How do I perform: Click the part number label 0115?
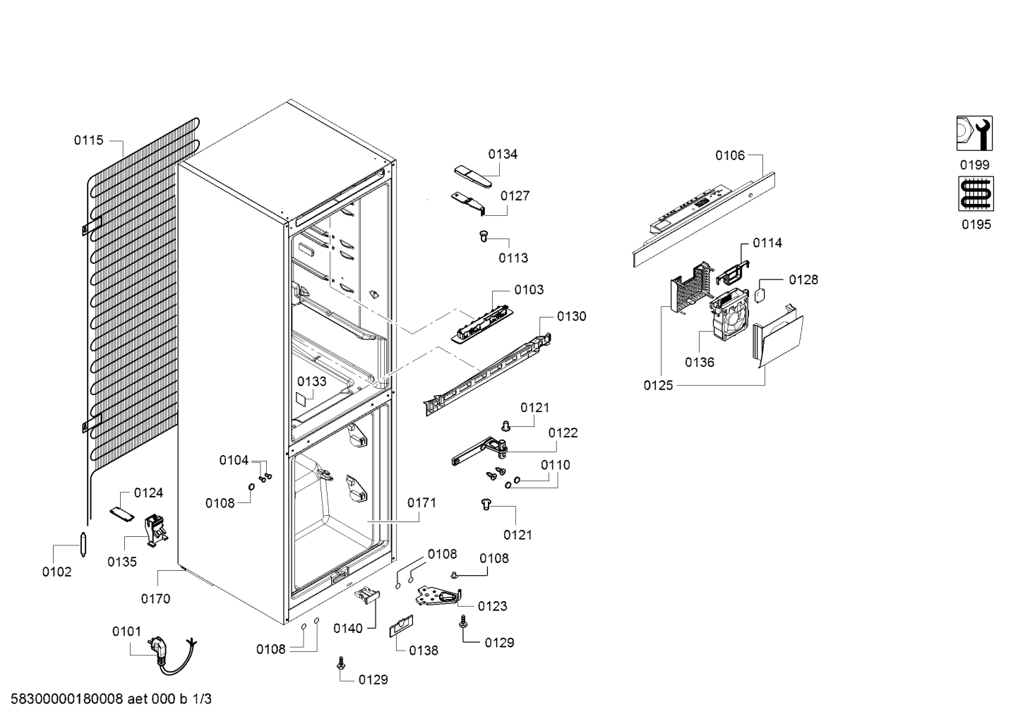(89, 140)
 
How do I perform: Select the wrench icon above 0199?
(974, 133)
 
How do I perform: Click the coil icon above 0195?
(976, 194)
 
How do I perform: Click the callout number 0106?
(730, 156)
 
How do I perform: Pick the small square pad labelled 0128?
(760, 295)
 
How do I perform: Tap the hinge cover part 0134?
(473, 176)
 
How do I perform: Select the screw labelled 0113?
(484, 236)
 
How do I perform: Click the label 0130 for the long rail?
(571, 317)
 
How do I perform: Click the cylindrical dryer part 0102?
(83, 544)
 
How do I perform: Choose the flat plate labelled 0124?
(122, 513)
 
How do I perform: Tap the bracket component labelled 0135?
(155, 531)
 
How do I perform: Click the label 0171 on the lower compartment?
(421, 503)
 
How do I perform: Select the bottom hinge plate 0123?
(438, 596)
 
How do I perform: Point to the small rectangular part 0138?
(401, 627)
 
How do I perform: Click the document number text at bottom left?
(111, 699)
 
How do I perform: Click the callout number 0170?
(155, 598)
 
